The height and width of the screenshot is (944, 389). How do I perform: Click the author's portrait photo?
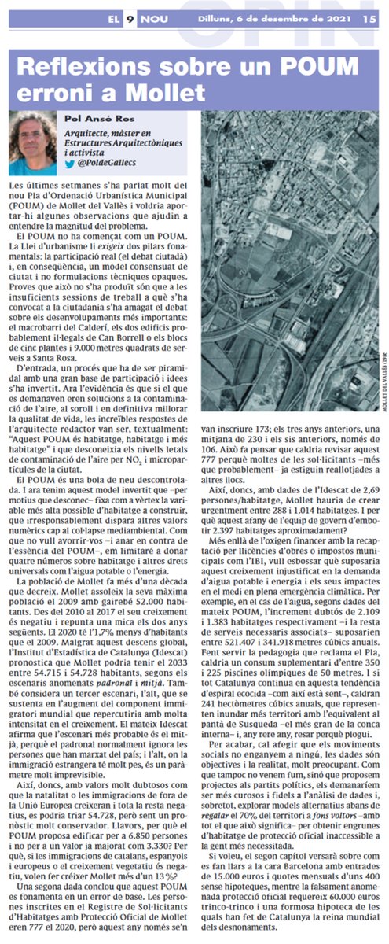pyautogui.click(x=34, y=143)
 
